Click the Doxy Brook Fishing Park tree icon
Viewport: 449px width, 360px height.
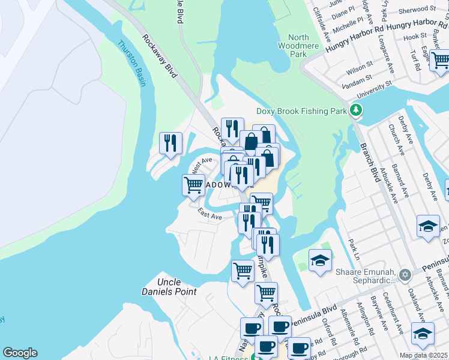[x=357, y=110]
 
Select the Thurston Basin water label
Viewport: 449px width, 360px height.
[x=131, y=63]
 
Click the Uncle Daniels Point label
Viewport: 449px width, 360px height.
[x=176, y=287]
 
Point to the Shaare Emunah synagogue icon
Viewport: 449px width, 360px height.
[x=405, y=275]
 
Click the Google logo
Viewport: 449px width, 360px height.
[x=20, y=353]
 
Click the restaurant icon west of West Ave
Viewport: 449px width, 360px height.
[x=171, y=143]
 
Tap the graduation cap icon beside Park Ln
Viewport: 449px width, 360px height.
[x=320, y=260]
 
